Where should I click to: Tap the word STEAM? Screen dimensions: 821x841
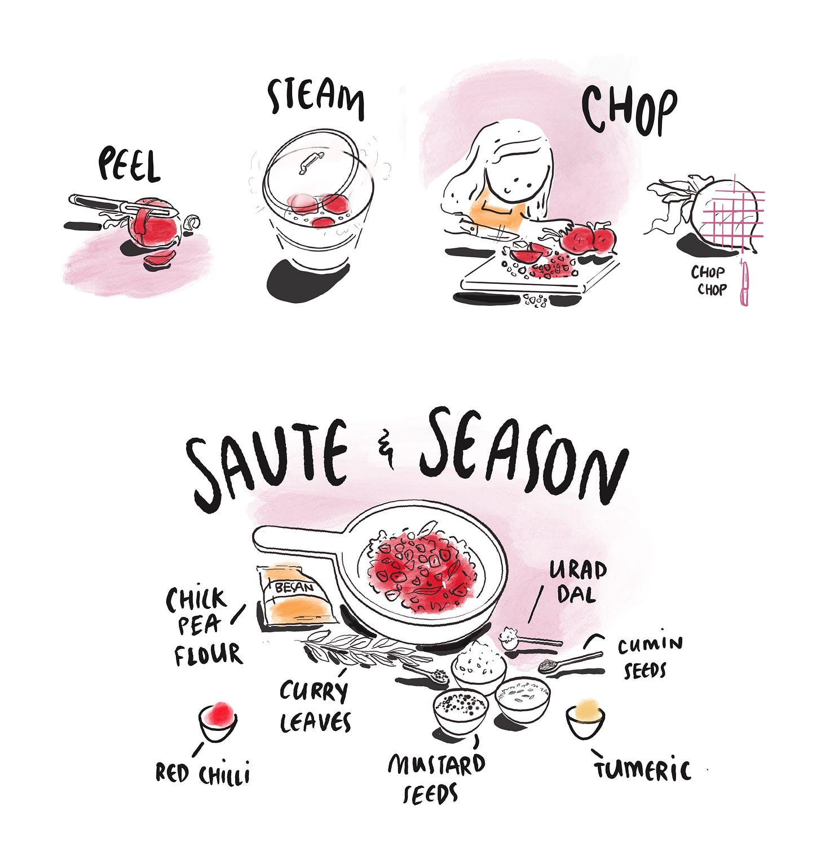click(x=316, y=99)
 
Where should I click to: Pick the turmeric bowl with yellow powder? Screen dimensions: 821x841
click(x=585, y=719)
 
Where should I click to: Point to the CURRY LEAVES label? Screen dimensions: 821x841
click(x=315, y=706)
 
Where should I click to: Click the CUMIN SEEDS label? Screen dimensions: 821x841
click(x=648, y=657)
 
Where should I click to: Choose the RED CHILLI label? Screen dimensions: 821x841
click(x=202, y=773)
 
